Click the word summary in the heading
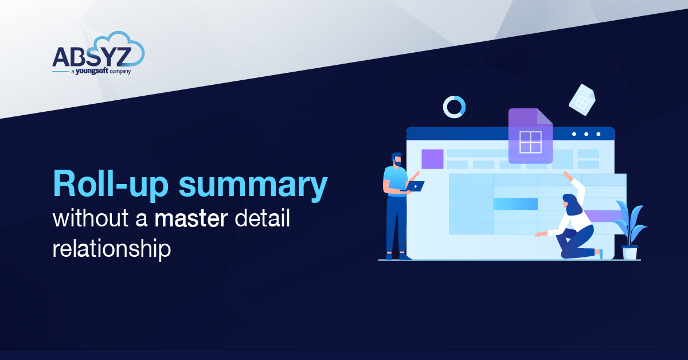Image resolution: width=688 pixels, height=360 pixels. pos(252,185)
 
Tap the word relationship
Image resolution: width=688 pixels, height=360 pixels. pos(112,249)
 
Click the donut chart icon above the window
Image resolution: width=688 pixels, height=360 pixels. pos(454,107)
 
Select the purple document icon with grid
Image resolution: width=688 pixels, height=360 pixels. pos(530,136)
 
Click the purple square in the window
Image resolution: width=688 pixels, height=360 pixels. pos(432,159)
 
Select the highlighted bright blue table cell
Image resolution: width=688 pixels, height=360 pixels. pos(515,204)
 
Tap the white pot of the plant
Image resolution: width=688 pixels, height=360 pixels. pos(630,252)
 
